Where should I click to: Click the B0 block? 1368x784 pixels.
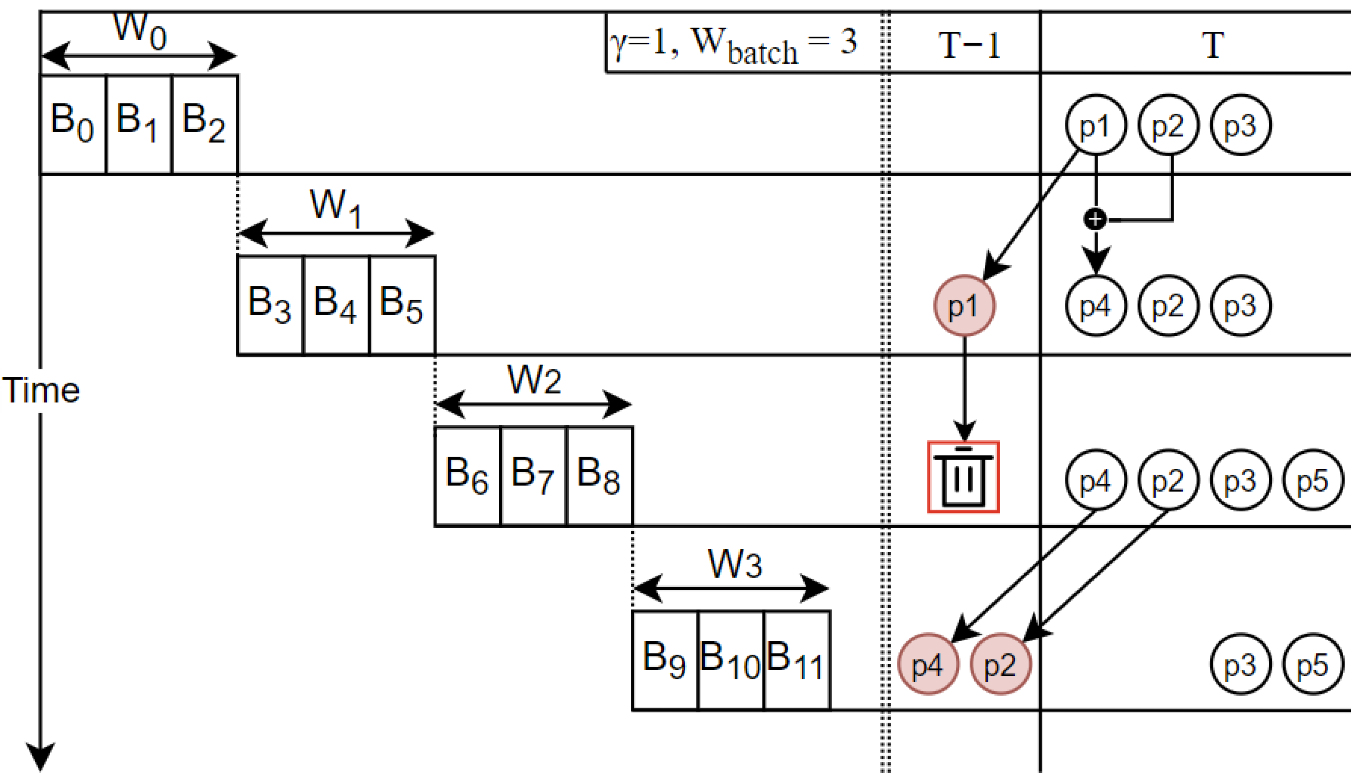tap(73, 124)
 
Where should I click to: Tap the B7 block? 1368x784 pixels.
tap(533, 476)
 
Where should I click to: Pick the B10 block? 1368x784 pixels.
tap(730, 661)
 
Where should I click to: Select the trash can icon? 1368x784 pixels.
tap(963, 477)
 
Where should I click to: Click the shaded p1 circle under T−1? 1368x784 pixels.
tap(964, 306)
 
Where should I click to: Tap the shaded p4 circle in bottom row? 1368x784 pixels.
tap(928, 664)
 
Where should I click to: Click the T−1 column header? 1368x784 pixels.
tap(969, 45)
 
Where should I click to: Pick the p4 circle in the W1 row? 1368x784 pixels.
tap(1095, 306)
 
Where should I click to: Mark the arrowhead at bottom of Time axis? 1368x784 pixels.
tap(40, 756)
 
